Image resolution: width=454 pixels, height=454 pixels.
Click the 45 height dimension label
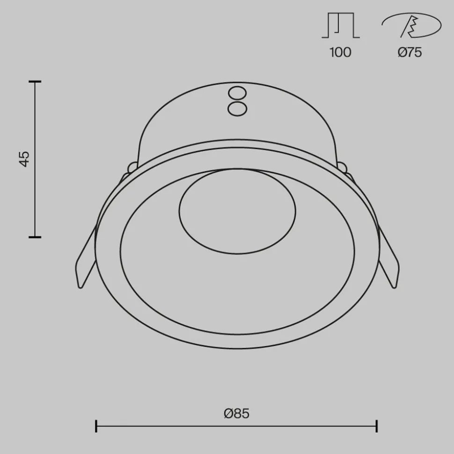coord(25,159)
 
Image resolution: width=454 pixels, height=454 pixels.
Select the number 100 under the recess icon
coord(340,52)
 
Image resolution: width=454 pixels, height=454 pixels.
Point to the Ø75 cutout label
coord(410,52)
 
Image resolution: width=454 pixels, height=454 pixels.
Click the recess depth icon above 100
coord(340,26)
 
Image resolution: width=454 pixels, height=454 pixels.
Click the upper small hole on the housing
coord(237,92)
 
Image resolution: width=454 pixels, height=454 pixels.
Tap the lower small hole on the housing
coord(237,108)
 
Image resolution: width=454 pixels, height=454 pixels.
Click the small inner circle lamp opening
coord(237,211)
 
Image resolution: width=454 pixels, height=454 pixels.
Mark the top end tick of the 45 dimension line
coord(35,82)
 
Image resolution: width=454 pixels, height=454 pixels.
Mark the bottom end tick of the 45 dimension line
coord(35,237)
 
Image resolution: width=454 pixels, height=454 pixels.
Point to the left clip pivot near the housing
coord(132,166)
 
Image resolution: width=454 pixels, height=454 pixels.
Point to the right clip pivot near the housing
coord(342,166)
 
